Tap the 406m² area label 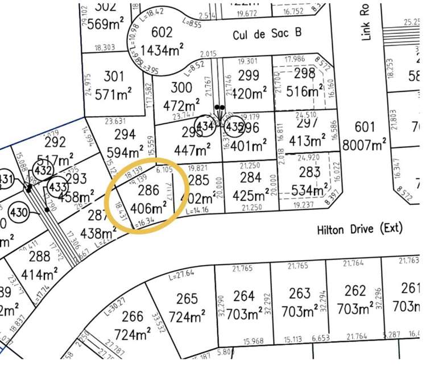coord(147,209)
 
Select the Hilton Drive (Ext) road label coord(359,229)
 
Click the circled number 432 coord(43,170)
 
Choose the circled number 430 coord(18,212)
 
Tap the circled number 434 coord(205,126)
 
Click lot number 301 coord(114,76)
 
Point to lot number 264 coord(243,296)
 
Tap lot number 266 coord(133,316)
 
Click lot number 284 coord(250,178)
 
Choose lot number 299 coord(249,75)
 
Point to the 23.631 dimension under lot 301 coord(114,120)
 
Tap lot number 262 coord(355,291)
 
